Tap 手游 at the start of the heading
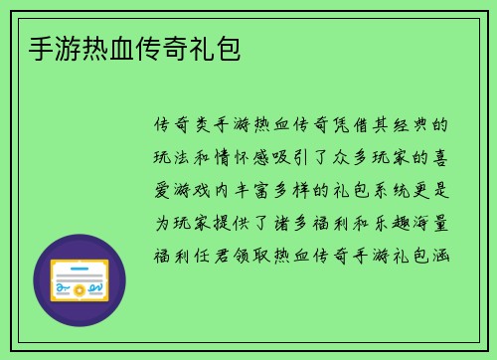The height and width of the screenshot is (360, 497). point(53,47)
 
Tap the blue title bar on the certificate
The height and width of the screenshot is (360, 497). point(81,267)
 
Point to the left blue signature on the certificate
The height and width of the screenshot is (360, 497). point(64,288)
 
